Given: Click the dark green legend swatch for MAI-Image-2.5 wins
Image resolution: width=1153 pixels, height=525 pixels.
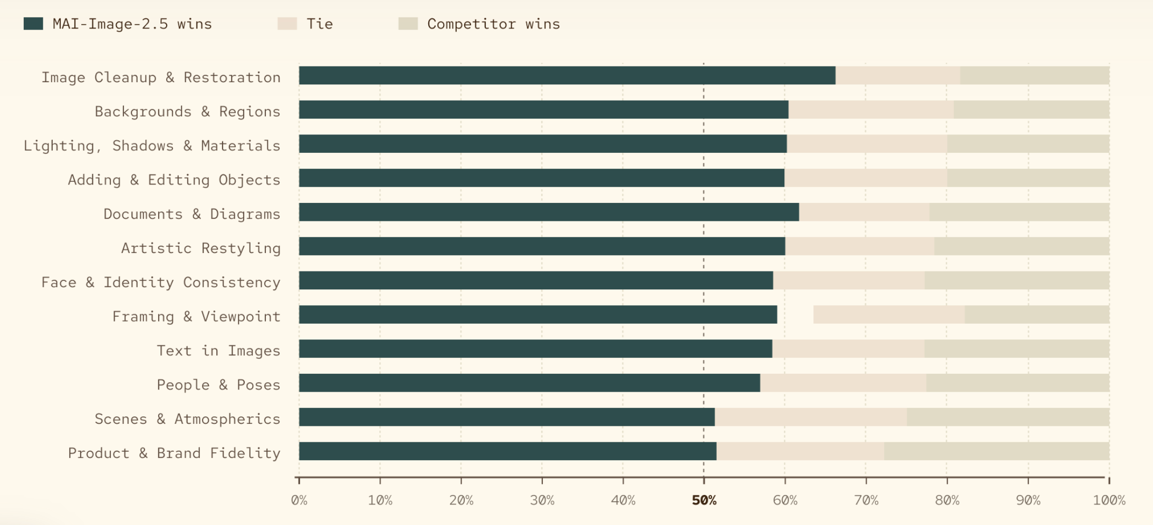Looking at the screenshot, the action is [x=33, y=24].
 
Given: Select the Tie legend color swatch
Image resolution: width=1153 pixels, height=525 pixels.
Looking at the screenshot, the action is [x=287, y=24].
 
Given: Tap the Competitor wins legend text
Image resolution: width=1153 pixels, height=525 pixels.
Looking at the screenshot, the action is [x=494, y=24].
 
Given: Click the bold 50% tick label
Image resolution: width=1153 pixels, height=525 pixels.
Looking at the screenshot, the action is [x=704, y=500].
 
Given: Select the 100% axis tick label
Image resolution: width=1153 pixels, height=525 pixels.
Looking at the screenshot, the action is [x=1109, y=500].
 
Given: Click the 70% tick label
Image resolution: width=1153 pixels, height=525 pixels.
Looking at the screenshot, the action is [x=866, y=500].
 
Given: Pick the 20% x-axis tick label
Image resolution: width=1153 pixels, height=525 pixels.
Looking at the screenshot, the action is [x=461, y=500].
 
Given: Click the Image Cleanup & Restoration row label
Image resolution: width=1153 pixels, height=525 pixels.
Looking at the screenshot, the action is [x=161, y=77].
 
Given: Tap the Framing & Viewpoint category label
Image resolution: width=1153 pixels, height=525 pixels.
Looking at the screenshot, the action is [x=196, y=316].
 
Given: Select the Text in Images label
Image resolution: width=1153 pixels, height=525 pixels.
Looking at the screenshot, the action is [x=218, y=351].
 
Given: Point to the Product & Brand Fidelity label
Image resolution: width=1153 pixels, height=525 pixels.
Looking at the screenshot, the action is [x=174, y=453].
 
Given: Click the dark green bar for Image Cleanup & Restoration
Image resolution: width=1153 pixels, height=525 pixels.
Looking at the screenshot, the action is [x=567, y=75].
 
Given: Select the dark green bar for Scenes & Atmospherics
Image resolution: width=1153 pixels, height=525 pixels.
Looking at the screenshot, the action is [x=507, y=417].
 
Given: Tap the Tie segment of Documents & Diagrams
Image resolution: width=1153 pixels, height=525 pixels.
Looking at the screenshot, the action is [x=864, y=212].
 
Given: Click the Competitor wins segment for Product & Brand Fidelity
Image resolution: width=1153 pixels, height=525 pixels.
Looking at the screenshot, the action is [x=997, y=451].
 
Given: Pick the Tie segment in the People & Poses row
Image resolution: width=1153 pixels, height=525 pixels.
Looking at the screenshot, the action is [x=843, y=383].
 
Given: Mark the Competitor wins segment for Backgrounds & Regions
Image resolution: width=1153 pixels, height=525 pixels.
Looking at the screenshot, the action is [x=1031, y=110].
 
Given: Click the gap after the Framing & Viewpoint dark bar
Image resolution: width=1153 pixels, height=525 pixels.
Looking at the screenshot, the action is [x=795, y=315].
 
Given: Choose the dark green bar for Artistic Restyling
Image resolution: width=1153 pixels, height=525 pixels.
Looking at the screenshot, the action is [x=542, y=246].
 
